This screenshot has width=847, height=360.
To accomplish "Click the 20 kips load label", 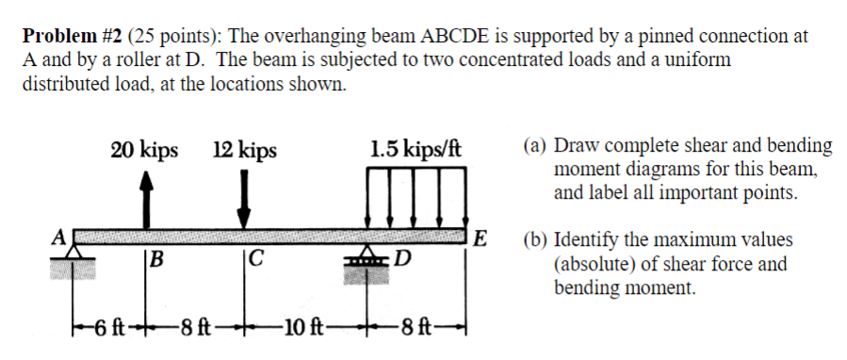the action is click(144, 151).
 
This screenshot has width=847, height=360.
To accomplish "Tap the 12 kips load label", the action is click(245, 151).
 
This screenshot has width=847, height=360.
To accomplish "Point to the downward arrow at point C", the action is click(243, 201).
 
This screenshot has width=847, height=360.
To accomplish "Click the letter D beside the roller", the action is click(404, 259).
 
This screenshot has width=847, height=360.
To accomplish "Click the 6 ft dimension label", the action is click(111, 331).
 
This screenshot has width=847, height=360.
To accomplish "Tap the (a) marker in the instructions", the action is click(536, 146).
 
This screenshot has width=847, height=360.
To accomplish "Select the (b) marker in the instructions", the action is click(536, 240).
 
